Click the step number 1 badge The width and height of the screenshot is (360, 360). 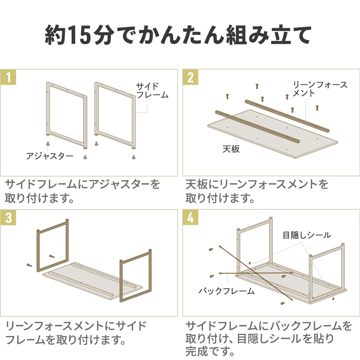8,77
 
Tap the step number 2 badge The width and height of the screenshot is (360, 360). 190,77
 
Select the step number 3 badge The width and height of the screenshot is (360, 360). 8,218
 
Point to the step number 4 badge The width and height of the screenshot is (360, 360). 190,218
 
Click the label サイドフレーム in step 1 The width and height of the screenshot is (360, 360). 152,91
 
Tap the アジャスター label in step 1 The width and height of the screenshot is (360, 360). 49,156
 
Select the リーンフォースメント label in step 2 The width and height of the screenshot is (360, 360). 320,89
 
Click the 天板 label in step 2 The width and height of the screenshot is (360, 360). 231,149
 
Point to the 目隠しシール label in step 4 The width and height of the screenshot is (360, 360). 307,235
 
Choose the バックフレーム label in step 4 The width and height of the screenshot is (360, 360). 227,291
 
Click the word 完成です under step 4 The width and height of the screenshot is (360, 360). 210,352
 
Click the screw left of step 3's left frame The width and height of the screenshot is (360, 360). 29,265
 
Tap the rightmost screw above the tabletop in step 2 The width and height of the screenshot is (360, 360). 317,108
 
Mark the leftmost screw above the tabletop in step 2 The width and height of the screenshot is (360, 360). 227,96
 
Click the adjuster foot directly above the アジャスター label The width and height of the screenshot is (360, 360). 48,144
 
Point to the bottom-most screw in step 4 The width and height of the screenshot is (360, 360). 283,303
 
